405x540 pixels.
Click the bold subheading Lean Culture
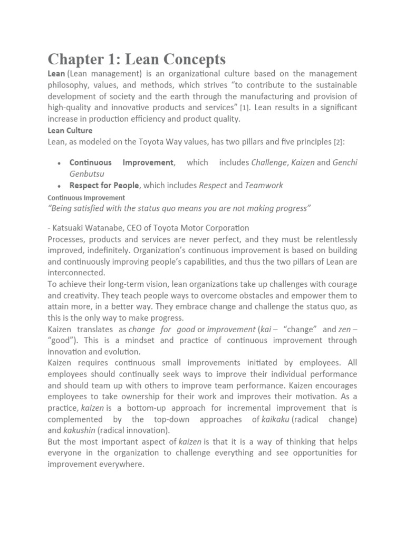pos(70,130)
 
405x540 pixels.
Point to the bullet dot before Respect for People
pos(60,186)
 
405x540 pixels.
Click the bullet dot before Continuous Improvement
pos(60,163)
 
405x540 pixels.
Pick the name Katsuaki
pos(71,228)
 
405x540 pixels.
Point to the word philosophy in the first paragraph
pos(69,85)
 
